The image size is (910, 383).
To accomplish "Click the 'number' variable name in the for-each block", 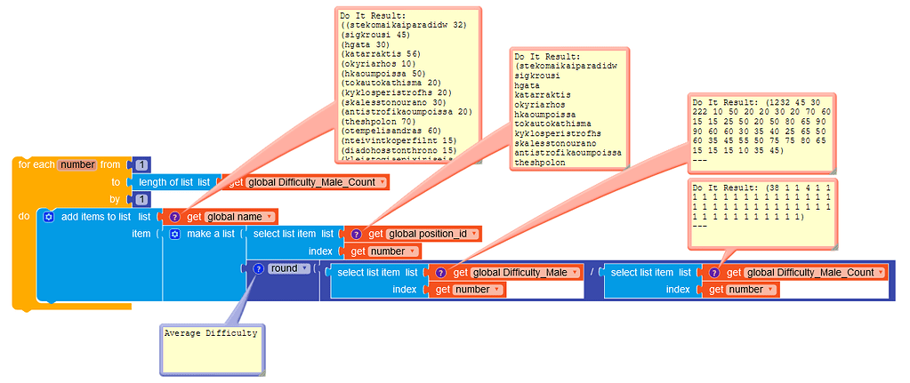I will tap(77, 164).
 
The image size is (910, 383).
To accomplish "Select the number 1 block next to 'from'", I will tap(141, 164).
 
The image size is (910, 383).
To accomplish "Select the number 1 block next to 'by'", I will tap(141, 199).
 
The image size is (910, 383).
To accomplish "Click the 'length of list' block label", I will tap(174, 182).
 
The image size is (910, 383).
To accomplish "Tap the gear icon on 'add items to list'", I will tap(48, 217).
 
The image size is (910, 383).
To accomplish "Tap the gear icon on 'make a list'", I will tap(174, 234).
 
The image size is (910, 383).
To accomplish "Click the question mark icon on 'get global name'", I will tap(174, 217).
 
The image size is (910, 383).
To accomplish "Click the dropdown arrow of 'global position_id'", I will tap(474, 234).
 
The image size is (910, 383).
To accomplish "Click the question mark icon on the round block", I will tap(258, 268).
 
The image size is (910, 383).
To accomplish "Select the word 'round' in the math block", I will tap(284, 268).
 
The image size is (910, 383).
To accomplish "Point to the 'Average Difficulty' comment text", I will tap(211, 333).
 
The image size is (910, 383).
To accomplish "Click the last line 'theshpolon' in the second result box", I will tap(540, 163).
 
